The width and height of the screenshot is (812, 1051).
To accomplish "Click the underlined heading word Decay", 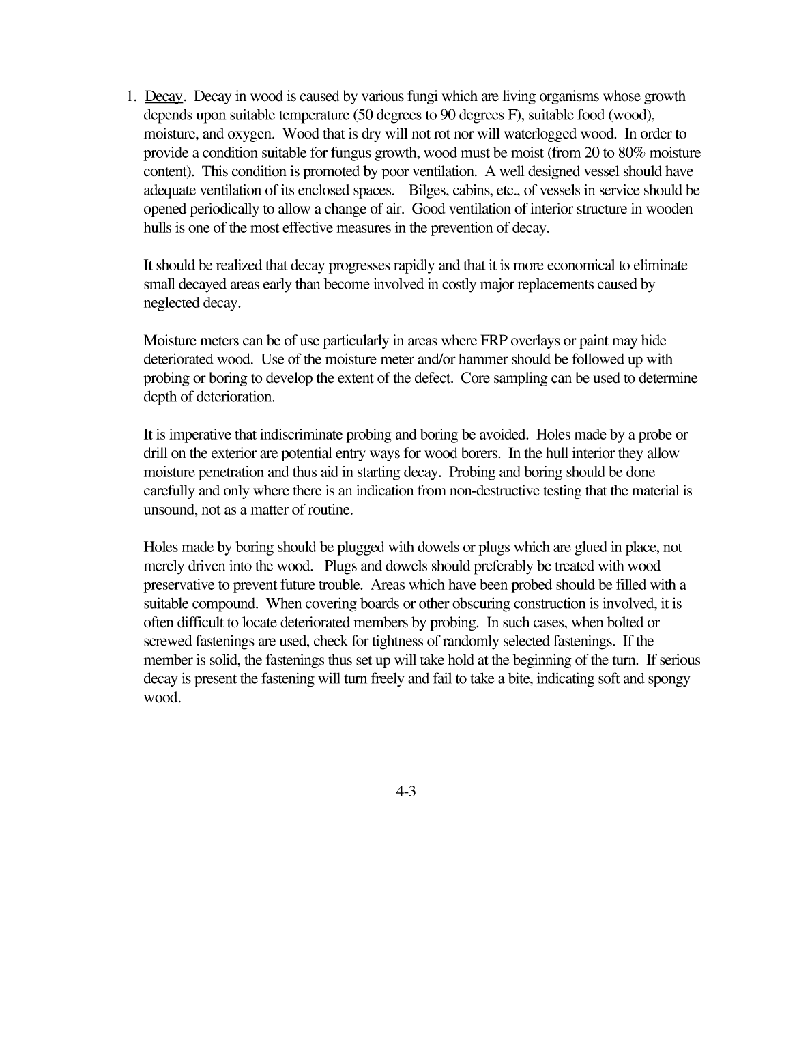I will (x=164, y=96).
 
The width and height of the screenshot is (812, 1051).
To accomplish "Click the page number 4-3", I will (x=405, y=792).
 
